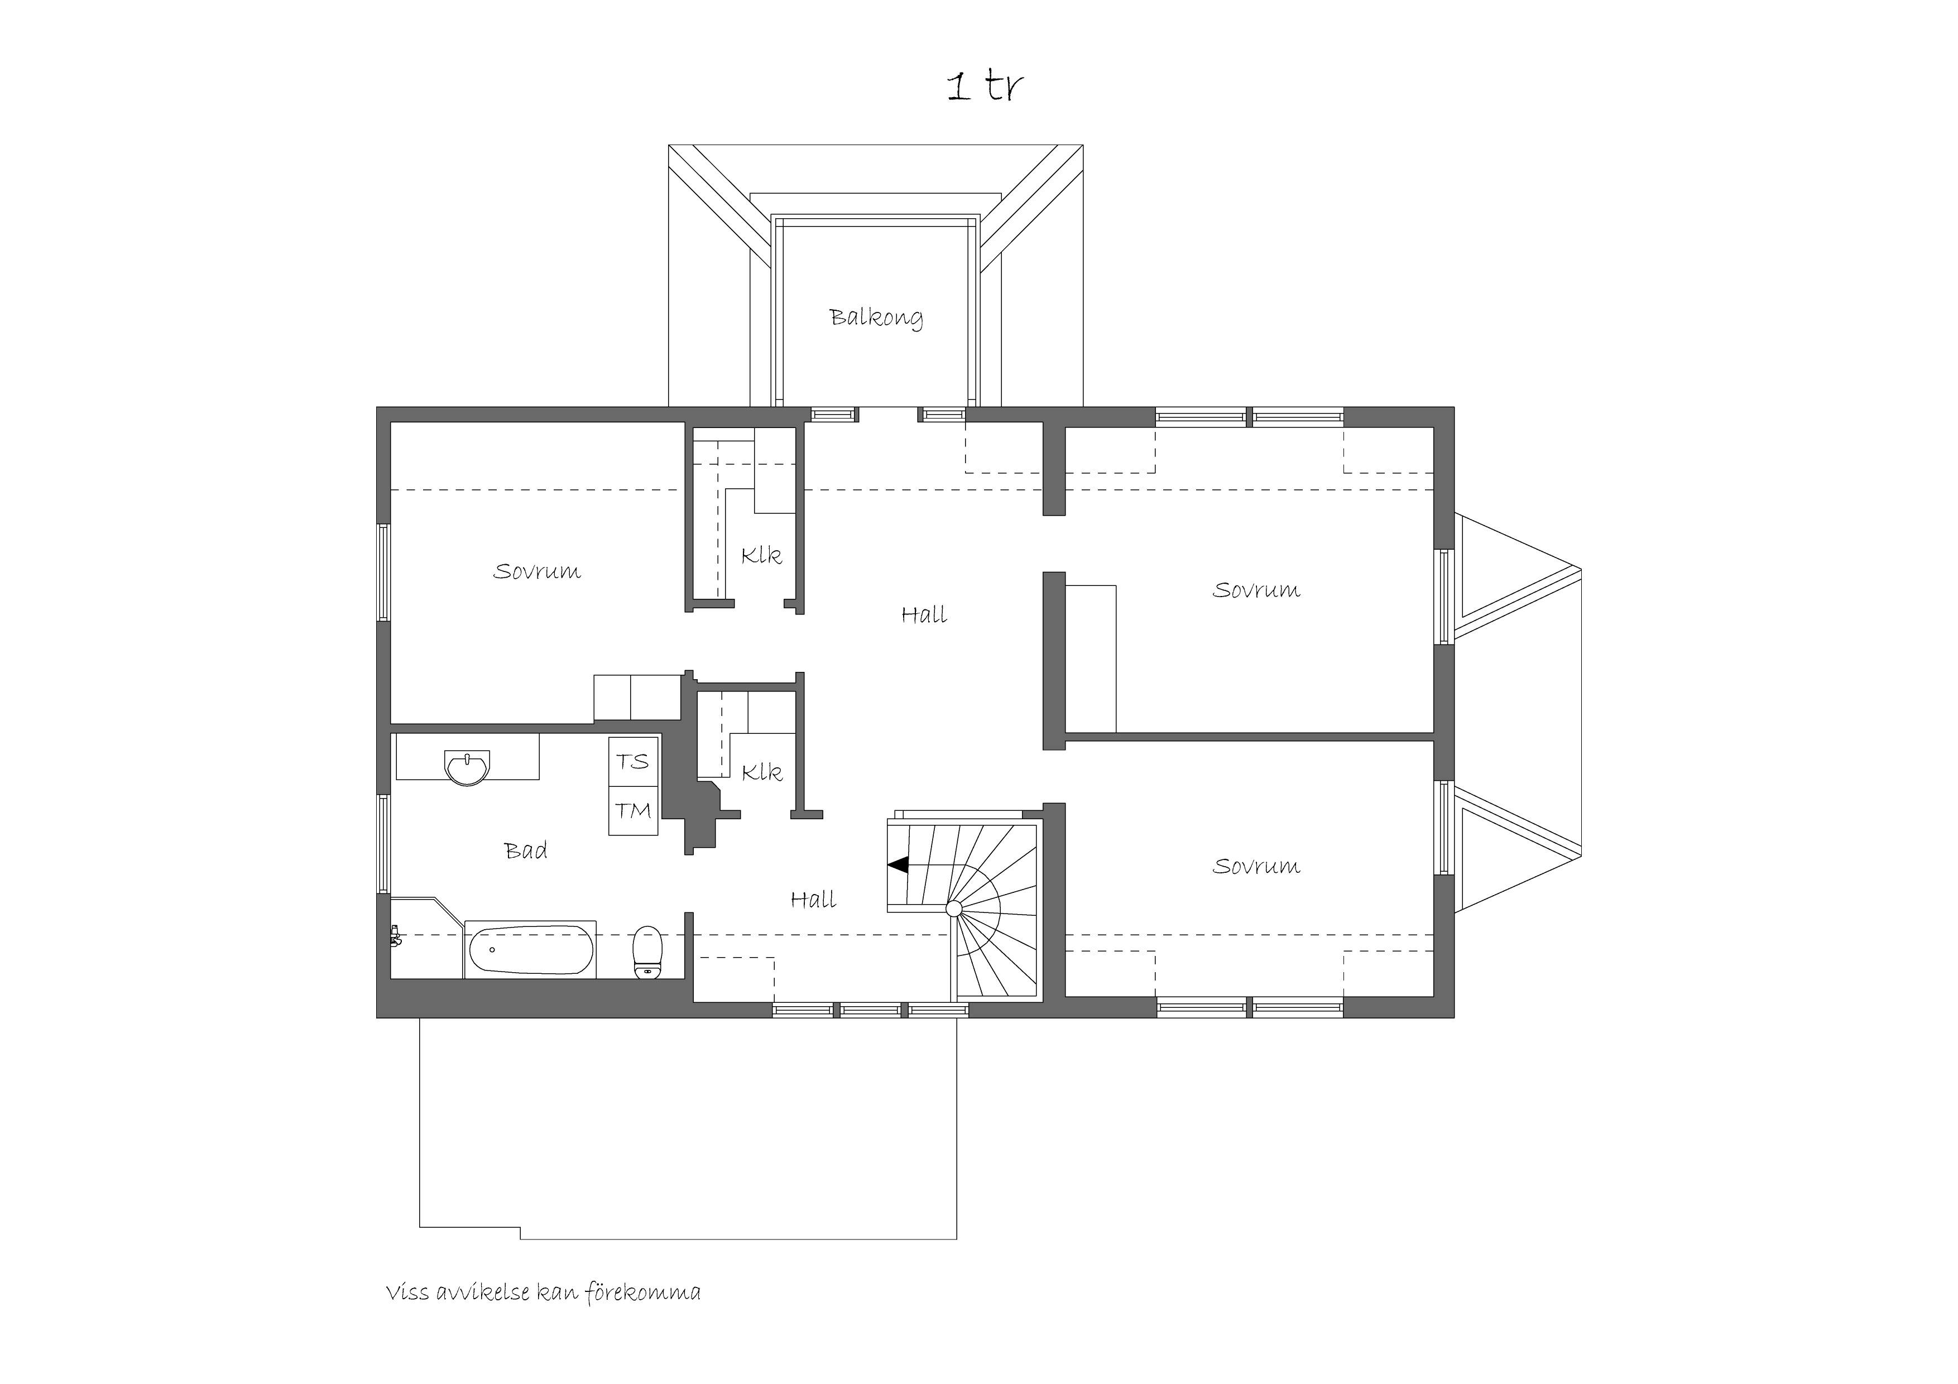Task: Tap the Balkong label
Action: coord(876,318)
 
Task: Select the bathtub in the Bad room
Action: coord(530,949)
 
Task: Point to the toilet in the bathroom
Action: coord(648,952)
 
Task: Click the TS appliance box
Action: coord(634,762)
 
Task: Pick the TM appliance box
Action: coord(634,811)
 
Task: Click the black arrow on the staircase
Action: coord(897,864)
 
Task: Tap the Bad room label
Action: coord(525,850)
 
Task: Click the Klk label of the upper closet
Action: coord(761,555)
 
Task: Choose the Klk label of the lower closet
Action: coord(761,772)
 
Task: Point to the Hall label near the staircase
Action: coord(813,899)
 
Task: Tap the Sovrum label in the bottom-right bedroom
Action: coord(1256,866)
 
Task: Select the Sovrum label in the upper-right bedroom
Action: coord(1256,589)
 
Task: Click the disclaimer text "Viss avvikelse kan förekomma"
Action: coord(543,1294)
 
